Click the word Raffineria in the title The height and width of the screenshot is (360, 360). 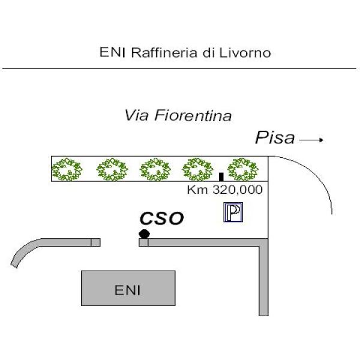(164, 52)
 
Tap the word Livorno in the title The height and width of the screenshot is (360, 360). (245, 53)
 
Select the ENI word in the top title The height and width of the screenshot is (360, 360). (113, 52)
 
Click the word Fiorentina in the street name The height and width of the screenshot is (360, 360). (193, 115)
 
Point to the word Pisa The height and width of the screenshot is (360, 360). (275, 137)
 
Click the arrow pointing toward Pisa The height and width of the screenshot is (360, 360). (311, 140)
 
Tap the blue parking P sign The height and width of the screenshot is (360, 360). (233, 212)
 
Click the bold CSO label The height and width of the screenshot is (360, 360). (162, 218)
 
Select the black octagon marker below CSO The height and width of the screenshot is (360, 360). (144, 234)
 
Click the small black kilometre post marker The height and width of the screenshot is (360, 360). (221, 177)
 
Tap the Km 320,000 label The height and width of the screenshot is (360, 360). (225, 190)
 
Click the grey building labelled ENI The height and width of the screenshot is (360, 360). (128, 288)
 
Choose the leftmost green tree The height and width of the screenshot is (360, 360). (67, 169)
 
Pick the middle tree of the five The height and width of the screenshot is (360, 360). (155, 169)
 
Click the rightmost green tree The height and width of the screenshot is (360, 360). (243, 169)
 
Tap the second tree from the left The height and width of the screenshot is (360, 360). (112, 169)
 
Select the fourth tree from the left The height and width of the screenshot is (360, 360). (197, 169)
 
